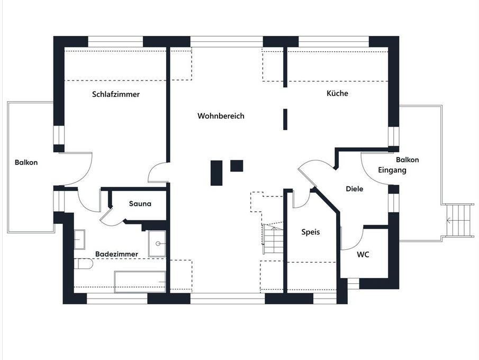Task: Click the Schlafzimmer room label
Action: coord(116,94)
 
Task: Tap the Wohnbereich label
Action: coord(221,116)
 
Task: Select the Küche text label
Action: coord(337,93)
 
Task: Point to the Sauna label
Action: coord(140,203)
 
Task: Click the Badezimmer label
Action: coord(116,254)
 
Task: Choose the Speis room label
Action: coord(311,232)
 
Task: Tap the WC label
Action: coord(363,254)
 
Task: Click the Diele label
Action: coord(354,189)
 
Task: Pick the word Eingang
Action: coord(392,170)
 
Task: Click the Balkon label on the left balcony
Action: coord(26,162)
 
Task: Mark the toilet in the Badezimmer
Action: coord(83,264)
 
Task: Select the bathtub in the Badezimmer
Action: coord(140,281)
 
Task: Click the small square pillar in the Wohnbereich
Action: coord(237,166)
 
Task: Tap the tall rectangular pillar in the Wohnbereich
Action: coord(216,173)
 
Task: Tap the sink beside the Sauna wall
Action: coord(157,244)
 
